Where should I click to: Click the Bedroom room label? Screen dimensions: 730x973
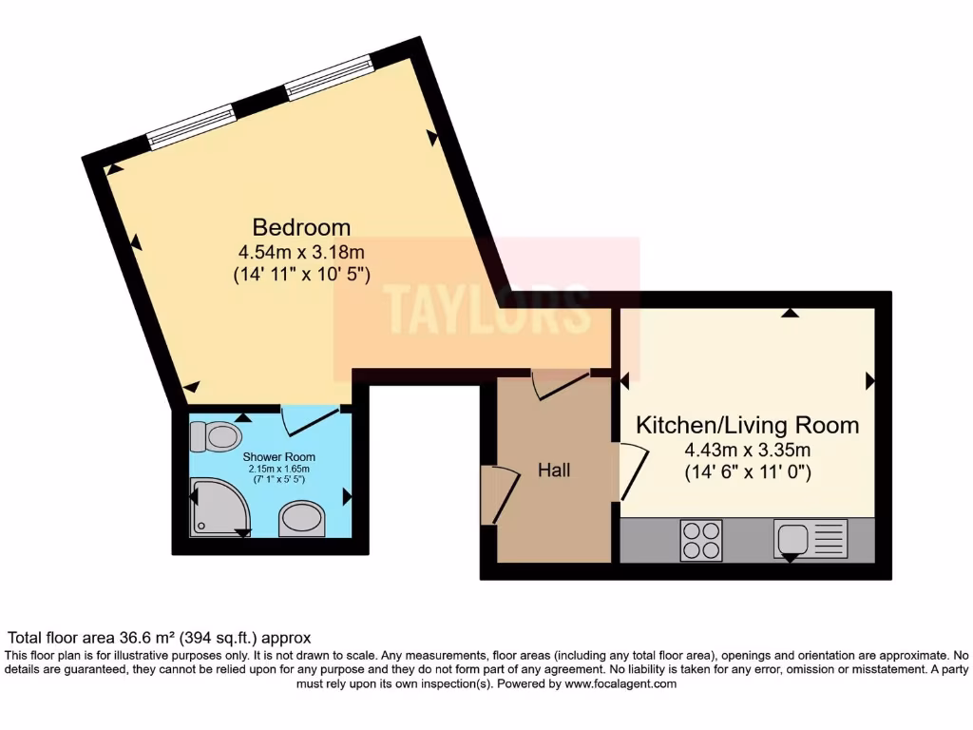point(300,228)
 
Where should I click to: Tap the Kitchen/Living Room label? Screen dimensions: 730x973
point(747,425)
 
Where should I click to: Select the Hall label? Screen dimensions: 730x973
point(554,470)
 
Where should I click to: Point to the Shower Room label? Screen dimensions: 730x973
point(279,456)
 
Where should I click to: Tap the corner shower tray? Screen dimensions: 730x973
point(217,507)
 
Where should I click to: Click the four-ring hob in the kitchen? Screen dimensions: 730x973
point(701,540)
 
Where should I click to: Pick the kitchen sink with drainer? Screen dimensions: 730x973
point(811,540)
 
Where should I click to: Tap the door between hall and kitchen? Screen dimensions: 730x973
point(634,471)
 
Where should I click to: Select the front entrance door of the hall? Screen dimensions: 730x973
point(502,493)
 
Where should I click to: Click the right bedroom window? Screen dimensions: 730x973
point(330,77)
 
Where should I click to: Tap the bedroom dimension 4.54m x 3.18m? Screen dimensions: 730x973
point(300,253)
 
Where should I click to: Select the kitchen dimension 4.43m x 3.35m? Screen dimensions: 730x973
point(747,450)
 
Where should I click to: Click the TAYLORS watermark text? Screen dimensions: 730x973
point(486,309)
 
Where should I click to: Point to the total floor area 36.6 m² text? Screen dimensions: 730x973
point(159,638)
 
